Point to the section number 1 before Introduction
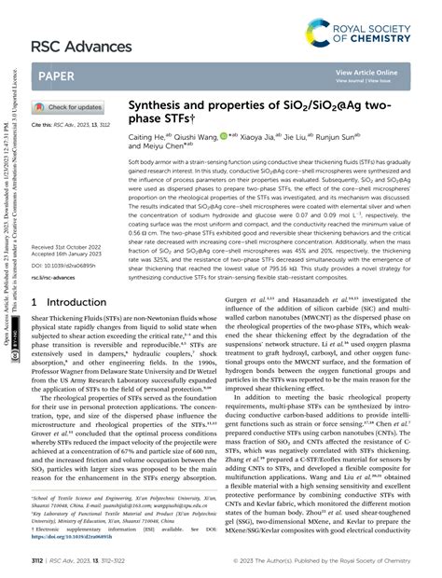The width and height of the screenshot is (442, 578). tap(35, 304)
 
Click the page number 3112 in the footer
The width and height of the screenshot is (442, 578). tap(38, 562)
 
